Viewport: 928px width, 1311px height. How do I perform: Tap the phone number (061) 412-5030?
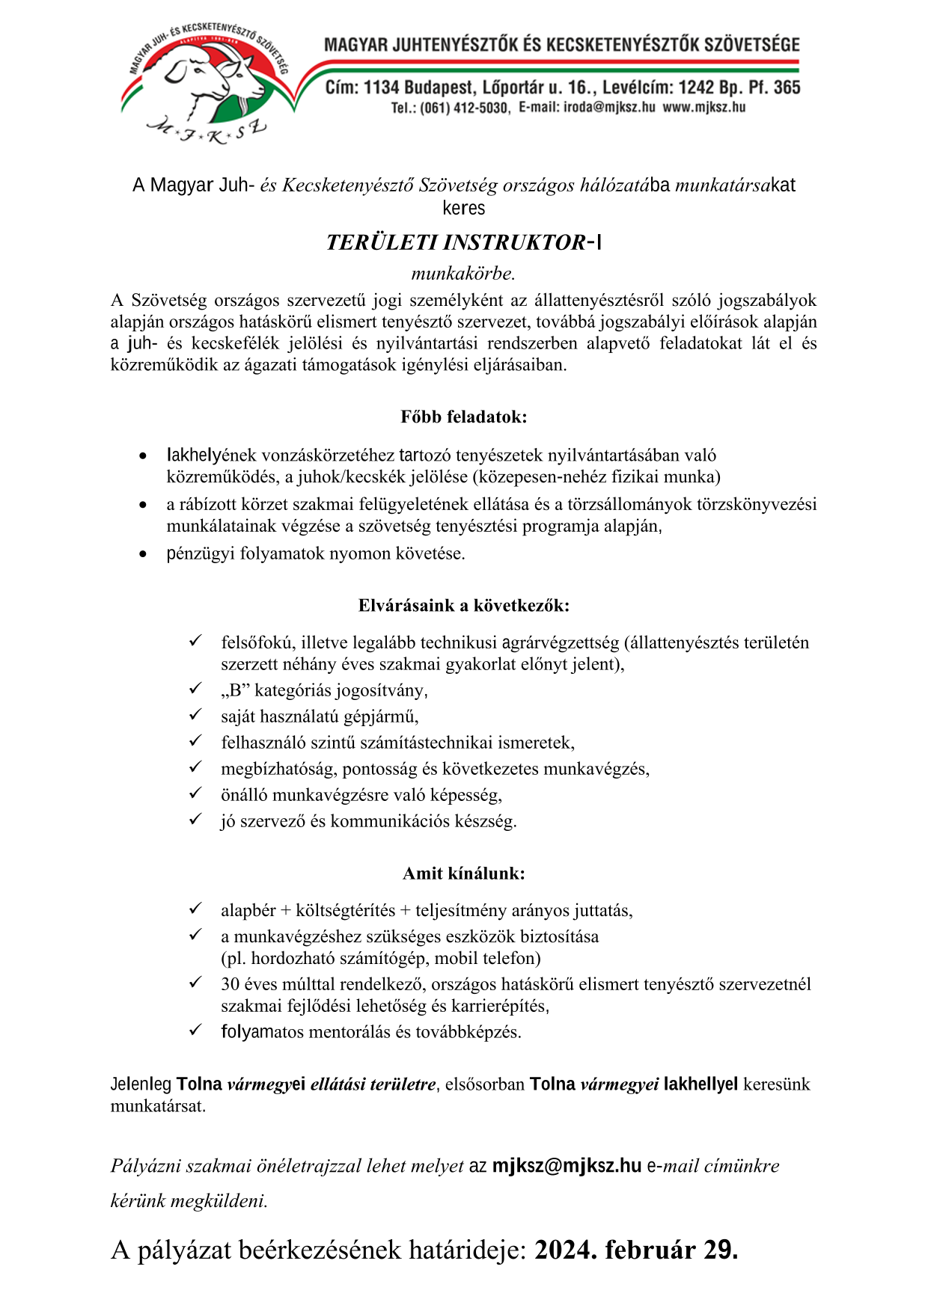[x=463, y=108]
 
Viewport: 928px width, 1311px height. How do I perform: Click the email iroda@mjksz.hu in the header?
[x=587, y=107]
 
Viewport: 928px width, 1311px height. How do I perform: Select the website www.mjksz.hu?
[x=703, y=107]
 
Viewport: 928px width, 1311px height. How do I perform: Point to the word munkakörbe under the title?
[x=463, y=273]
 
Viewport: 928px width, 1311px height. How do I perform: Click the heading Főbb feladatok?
[x=463, y=417]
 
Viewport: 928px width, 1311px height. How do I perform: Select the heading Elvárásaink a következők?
[x=463, y=605]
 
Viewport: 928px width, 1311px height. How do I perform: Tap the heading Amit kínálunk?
[x=463, y=873]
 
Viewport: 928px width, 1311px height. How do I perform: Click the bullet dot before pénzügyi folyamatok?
[x=143, y=554]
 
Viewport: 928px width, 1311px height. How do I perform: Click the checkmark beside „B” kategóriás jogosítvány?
[x=195, y=688]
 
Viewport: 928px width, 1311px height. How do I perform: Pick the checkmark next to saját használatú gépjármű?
[x=195, y=714]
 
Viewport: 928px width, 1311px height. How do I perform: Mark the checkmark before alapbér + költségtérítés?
[x=195, y=908]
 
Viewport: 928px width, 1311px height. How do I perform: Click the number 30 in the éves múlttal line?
[x=231, y=984]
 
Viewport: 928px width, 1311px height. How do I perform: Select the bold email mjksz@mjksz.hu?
[x=567, y=1165]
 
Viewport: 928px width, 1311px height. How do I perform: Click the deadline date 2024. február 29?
[x=636, y=1250]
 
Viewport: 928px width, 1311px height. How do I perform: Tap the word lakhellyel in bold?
[x=700, y=1084]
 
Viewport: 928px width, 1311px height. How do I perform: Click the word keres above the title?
[x=463, y=208]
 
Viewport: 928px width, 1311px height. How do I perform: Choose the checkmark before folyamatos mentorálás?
[x=195, y=1030]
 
